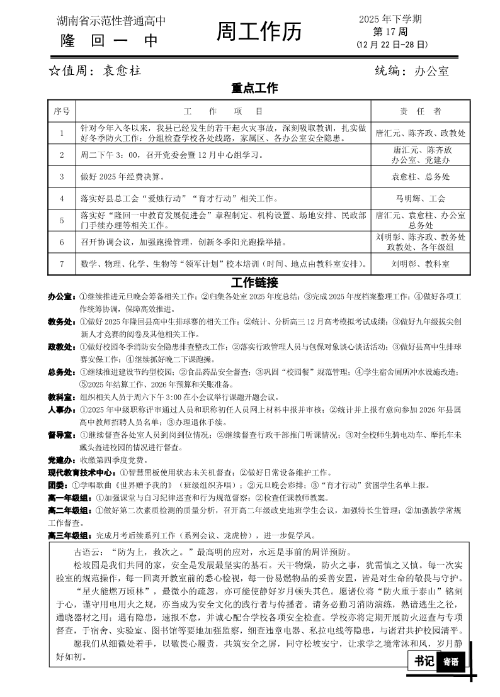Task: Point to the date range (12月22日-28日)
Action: [x=391, y=44]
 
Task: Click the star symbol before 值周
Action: [x=54, y=71]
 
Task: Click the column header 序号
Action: [x=62, y=111]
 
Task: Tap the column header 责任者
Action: [x=421, y=111]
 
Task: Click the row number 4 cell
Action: [x=62, y=198]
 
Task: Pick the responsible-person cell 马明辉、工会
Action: [x=421, y=198]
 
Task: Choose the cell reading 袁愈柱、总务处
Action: [x=421, y=177]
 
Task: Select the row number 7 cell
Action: [x=62, y=264]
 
